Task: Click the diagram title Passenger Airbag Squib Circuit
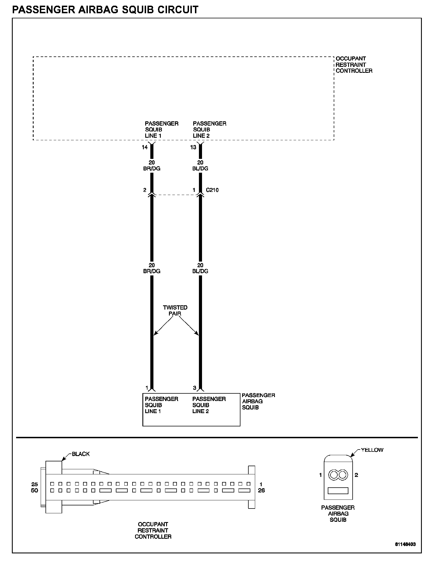click(x=105, y=10)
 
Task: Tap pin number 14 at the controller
click(x=145, y=147)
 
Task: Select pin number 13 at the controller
click(x=193, y=147)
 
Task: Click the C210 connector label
click(x=212, y=190)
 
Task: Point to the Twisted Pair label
click(x=175, y=310)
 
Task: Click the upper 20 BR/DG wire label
click(x=152, y=166)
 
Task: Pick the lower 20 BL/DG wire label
click(x=200, y=268)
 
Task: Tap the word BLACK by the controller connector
click(x=81, y=454)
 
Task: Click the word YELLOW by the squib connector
click(x=372, y=450)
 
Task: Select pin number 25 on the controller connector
click(x=34, y=485)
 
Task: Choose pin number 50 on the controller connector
click(x=34, y=490)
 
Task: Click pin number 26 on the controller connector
click(x=261, y=490)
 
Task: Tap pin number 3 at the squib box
click(x=194, y=388)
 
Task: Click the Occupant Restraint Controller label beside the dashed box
click(x=354, y=65)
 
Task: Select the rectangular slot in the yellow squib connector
click(x=338, y=491)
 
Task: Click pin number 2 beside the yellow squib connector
click(x=356, y=475)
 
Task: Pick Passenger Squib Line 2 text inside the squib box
click(x=209, y=405)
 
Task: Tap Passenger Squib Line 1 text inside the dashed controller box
click(x=161, y=130)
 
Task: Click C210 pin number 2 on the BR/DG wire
click(x=145, y=190)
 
